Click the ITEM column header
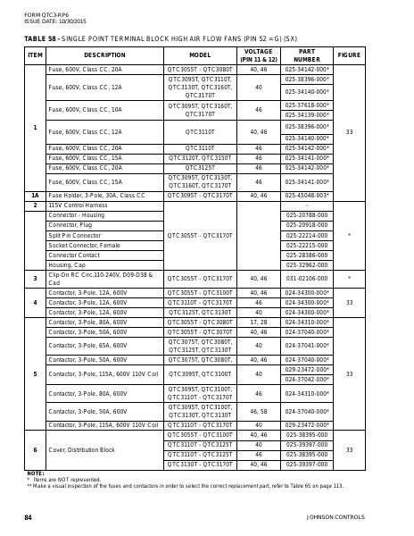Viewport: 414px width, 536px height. point(35,54)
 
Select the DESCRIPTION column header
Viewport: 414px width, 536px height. point(104,54)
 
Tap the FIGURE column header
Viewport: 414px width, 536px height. point(349,54)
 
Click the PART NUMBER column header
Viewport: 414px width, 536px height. point(307,54)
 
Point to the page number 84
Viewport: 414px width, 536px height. point(28,517)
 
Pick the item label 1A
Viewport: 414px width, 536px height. point(35,194)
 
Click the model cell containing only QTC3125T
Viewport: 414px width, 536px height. point(200,167)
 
